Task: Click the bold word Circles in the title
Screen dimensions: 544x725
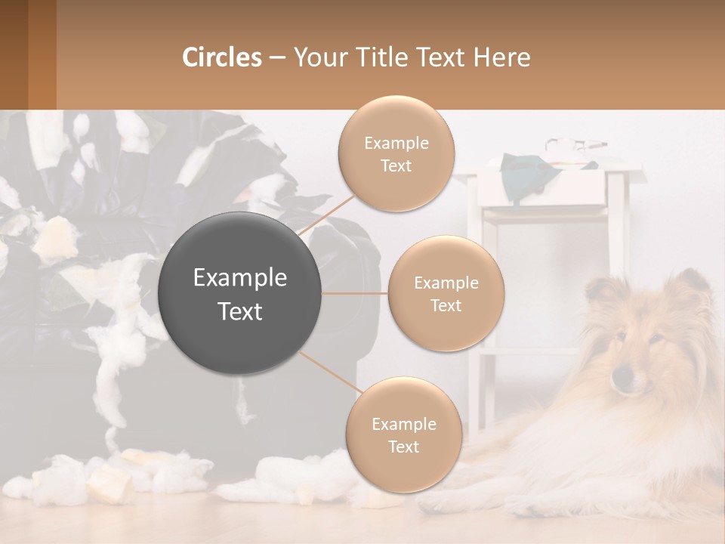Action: point(221,57)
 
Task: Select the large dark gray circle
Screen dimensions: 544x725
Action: point(240,293)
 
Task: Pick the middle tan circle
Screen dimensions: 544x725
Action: point(446,293)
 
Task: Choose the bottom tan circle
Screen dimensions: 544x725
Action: point(403,434)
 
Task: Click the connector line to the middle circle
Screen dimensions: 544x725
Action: point(354,293)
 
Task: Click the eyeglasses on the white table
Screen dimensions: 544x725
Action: point(575,144)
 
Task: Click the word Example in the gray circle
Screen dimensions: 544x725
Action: point(240,278)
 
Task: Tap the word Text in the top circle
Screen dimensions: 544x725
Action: point(396,165)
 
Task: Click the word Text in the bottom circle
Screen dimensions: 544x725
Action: point(403,447)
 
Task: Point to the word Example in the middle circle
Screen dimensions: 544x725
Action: point(446,283)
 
